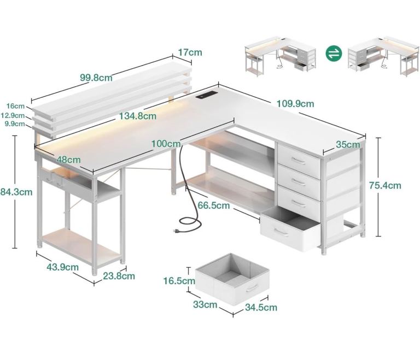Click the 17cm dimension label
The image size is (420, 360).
pos(190,52)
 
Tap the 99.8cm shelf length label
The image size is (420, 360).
pos(96,78)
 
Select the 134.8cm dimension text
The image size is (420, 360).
pos(138,116)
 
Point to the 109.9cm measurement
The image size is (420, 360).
pos(295,104)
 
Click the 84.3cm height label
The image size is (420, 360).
pos(16,192)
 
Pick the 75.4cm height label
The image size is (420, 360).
pos(385,185)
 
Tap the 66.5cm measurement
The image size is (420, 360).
pos(214,205)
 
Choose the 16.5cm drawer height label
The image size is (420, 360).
pos(179,281)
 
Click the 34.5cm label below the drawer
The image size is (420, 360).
pos(261,307)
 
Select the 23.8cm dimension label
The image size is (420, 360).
pos(119,276)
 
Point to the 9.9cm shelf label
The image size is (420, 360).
pos(15,124)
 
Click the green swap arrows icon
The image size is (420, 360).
pos(334,53)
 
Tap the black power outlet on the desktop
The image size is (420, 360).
pos(206,95)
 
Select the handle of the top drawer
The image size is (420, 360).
pos(299,161)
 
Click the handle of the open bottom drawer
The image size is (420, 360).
pos(281,232)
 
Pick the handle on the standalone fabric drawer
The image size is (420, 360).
pos(252,288)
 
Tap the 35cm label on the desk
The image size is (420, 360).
pos(348,145)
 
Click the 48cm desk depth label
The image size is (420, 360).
pos(68,160)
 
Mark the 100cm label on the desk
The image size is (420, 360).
pos(166,144)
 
